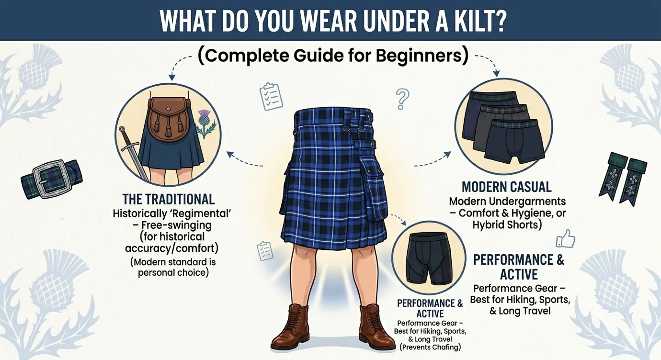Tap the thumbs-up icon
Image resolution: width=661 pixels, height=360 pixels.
click(x=565, y=238)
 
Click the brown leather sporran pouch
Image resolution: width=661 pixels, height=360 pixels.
click(x=168, y=117)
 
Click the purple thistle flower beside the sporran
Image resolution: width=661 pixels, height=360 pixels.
click(x=205, y=117)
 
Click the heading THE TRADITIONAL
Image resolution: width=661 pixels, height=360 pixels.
click(x=169, y=199)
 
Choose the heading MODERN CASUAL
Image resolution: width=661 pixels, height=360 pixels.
click(x=506, y=187)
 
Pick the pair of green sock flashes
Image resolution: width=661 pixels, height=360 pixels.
click(x=622, y=179)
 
